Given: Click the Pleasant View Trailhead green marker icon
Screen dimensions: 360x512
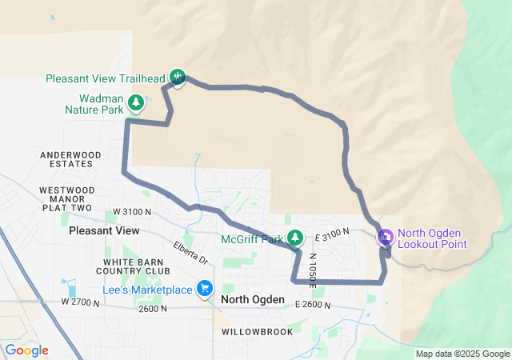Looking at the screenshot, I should [x=178, y=77].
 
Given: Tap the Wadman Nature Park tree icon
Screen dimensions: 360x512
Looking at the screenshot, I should [x=136, y=102].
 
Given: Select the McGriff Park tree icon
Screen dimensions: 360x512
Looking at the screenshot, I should [x=296, y=238].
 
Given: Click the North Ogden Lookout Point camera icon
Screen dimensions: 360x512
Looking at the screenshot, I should [x=385, y=237].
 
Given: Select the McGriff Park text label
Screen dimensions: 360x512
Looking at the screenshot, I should [x=253, y=238].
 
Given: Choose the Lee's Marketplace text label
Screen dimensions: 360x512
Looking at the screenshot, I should [x=147, y=290].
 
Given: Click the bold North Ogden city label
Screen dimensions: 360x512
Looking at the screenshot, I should [x=253, y=299].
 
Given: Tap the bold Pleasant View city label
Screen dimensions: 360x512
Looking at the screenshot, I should [x=104, y=230].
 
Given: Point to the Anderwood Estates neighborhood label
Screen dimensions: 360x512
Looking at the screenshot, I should [x=70, y=158].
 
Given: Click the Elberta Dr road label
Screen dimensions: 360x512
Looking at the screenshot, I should [x=190, y=254].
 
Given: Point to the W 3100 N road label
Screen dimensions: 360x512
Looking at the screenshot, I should [x=132, y=211].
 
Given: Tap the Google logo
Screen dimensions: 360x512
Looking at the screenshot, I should [x=26, y=350].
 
